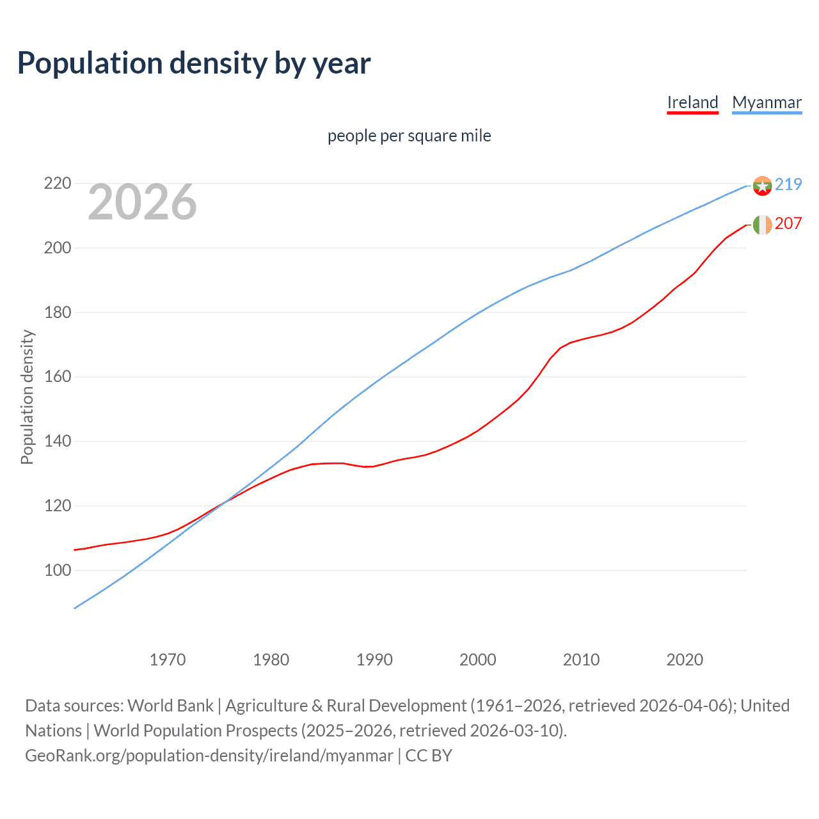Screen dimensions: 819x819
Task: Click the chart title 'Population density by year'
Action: [x=194, y=63]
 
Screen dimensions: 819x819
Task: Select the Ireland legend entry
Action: [x=692, y=102]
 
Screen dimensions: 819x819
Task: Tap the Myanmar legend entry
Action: [x=767, y=102]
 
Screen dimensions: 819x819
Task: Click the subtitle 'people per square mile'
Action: [x=409, y=136]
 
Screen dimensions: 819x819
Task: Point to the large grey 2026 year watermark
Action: [x=142, y=202]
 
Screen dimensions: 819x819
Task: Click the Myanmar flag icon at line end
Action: [x=762, y=186]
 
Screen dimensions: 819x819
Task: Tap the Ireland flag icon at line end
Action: [x=762, y=225]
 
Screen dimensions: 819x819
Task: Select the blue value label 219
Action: [x=788, y=184]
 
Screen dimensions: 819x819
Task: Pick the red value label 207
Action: [x=788, y=223]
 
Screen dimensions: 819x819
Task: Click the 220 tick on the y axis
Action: [x=57, y=184]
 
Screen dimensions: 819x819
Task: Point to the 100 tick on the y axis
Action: [x=57, y=570]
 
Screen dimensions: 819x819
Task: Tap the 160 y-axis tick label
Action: [x=57, y=377]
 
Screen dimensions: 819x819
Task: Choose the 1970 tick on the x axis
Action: [x=168, y=659]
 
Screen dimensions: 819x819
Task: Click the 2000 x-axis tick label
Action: [x=478, y=659]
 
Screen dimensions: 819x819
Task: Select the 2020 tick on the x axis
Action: [x=685, y=659]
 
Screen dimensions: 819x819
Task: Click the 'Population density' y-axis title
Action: [x=27, y=397]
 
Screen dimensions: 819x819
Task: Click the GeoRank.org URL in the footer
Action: [x=209, y=756]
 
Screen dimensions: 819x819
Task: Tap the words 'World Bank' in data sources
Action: [x=170, y=706]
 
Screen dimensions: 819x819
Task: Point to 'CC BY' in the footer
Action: [x=429, y=756]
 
